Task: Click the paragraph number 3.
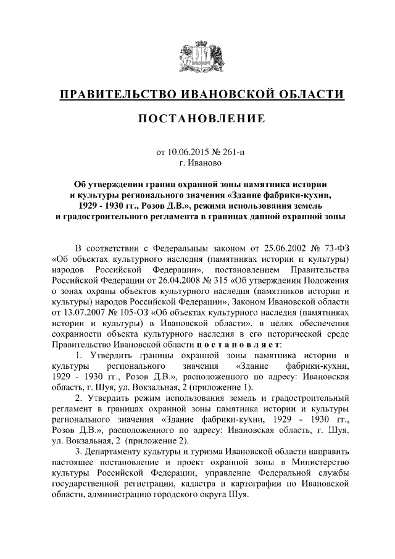(x=78, y=453)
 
